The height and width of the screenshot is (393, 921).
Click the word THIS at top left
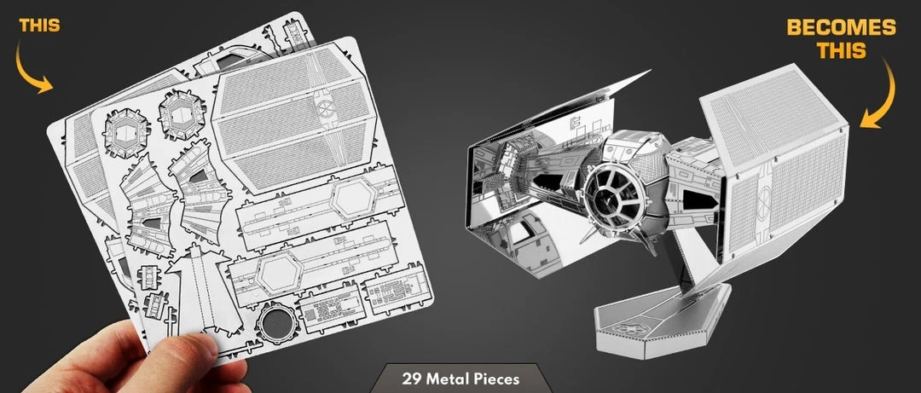click(39, 26)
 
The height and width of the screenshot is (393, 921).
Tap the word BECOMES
click(841, 27)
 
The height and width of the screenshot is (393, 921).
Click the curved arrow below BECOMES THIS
click(880, 94)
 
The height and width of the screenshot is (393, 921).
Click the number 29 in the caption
click(409, 379)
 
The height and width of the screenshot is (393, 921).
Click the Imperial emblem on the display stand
click(622, 331)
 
